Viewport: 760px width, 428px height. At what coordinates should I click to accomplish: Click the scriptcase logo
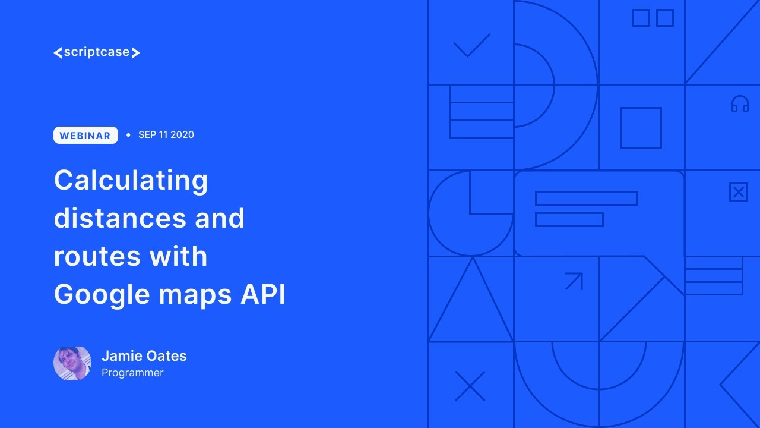tap(97, 52)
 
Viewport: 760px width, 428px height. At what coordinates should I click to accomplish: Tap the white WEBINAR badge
tap(85, 136)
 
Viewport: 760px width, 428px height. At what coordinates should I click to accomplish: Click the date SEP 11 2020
tap(166, 135)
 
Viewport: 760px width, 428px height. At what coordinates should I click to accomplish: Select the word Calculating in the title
tap(131, 180)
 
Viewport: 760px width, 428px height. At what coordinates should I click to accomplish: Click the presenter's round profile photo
tap(72, 363)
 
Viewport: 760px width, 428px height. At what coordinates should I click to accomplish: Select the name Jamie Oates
tap(144, 356)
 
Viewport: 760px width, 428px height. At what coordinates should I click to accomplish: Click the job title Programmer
tap(132, 373)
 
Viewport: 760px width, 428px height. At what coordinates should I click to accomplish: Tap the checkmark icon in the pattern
tap(471, 45)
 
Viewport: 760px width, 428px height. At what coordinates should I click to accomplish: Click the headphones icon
tap(740, 105)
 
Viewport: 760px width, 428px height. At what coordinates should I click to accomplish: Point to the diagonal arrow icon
tap(574, 281)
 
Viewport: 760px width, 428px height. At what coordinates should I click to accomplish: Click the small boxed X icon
tap(738, 192)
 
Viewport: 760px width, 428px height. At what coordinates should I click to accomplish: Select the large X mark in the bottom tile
tap(470, 386)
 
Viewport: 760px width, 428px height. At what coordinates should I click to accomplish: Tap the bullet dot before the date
tap(128, 136)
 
